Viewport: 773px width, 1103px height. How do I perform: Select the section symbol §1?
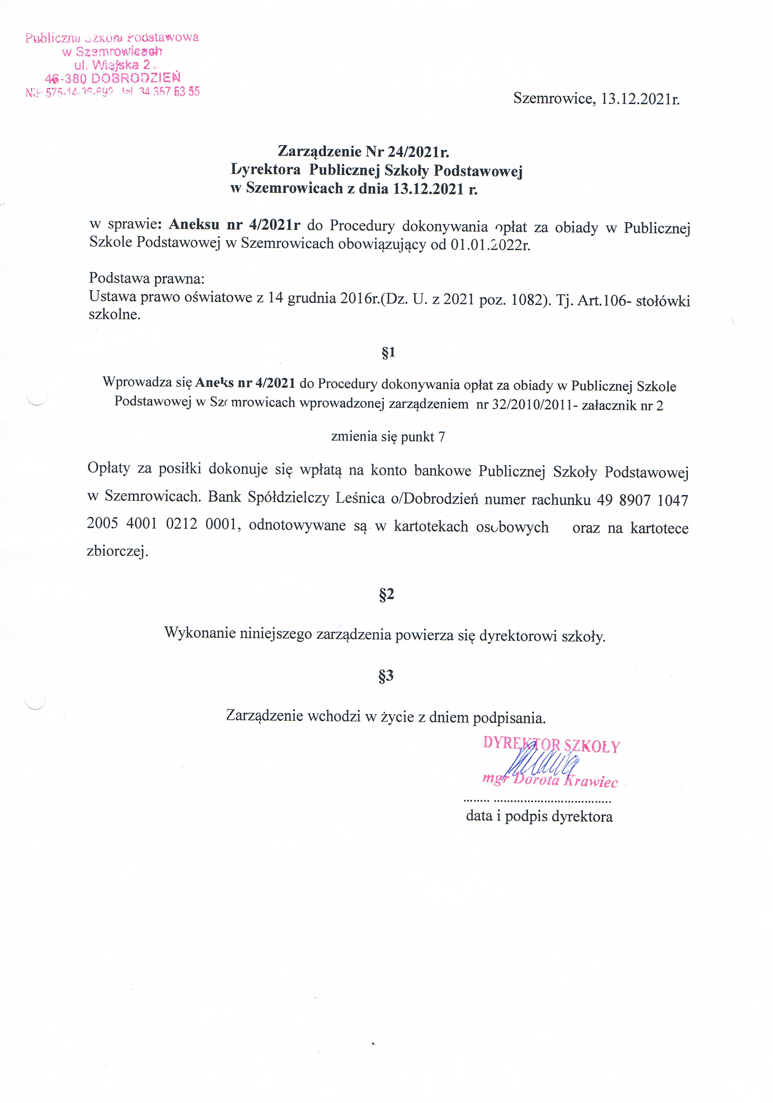[x=388, y=352]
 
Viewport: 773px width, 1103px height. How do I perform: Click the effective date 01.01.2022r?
[x=490, y=245]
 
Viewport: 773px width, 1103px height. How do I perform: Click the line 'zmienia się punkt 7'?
[x=388, y=436]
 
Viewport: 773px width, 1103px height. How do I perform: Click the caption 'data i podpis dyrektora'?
[x=539, y=816]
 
